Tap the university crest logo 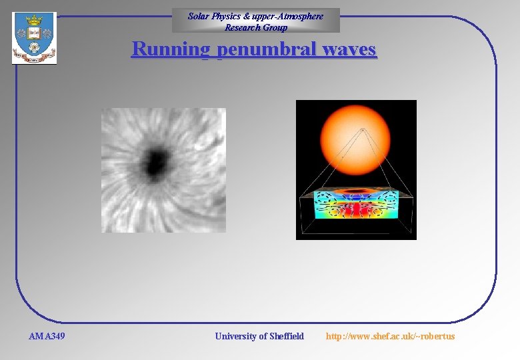click(x=34, y=39)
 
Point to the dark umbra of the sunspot click(x=156, y=161)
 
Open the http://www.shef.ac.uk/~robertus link click(x=390, y=336)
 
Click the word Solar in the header click(x=199, y=16)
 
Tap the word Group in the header click(x=275, y=27)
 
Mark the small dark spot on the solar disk click(x=362, y=129)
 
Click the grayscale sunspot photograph click(x=163, y=170)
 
